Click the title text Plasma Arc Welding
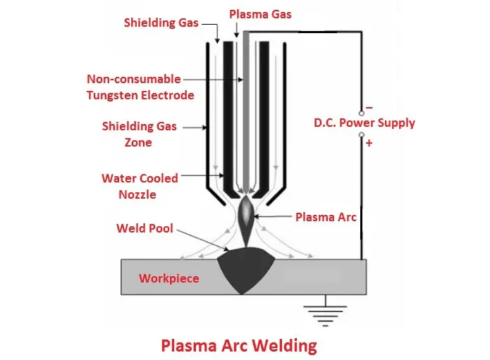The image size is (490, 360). click(239, 346)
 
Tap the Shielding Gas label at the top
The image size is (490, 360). click(161, 22)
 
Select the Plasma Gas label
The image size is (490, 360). click(261, 14)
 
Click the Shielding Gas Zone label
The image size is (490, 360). click(139, 134)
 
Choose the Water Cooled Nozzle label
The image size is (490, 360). click(138, 186)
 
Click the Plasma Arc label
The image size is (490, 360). click(326, 217)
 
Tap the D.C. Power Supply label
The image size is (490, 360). click(365, 123)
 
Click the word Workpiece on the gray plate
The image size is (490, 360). click(169, 278)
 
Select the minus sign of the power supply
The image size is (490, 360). click(369, 107)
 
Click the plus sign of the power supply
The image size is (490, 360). click(369, 143)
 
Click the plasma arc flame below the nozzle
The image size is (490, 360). click(245, 218)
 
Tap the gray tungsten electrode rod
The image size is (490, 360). click(245, 106)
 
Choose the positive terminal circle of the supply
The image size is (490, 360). click(362, 135)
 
